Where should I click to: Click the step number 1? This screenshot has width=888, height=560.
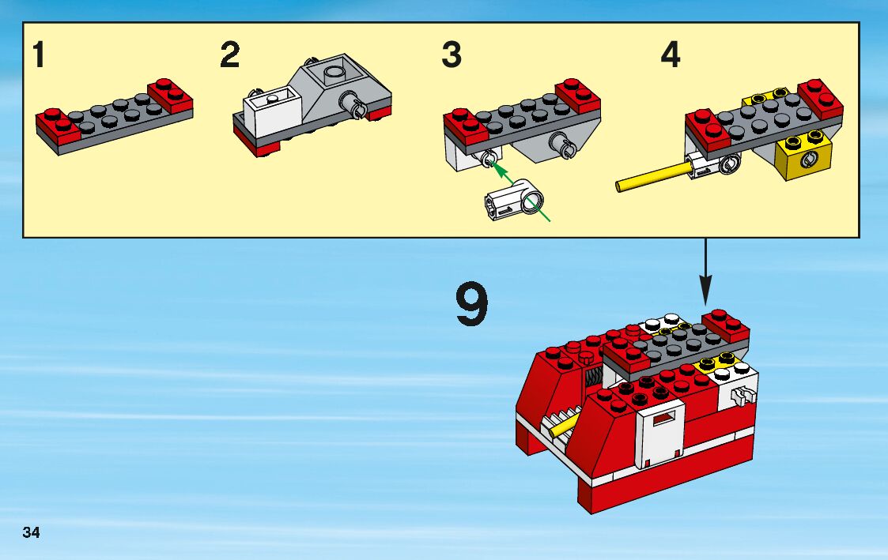39,56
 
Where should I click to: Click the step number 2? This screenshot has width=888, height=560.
229,56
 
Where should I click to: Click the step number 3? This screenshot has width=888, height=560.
451,56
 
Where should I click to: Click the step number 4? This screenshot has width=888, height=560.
670,56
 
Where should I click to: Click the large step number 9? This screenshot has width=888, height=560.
471,306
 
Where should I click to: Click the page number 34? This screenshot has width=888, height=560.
32,532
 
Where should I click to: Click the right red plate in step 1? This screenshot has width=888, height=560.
172,96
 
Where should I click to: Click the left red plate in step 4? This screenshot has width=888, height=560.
709,128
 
